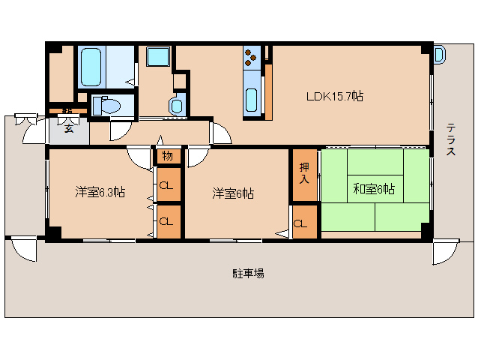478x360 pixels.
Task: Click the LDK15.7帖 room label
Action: (334, 97)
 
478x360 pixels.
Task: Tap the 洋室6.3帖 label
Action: (99, 192)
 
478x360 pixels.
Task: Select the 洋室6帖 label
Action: (232, 193)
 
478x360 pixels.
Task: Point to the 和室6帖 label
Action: (374, 189)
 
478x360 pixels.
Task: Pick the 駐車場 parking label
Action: (247, 274)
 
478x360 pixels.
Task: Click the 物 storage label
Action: (167, 157)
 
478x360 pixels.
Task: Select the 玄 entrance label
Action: (68, 128)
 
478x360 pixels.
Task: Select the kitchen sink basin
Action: (251, 98)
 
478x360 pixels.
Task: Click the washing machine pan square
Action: (159, 58)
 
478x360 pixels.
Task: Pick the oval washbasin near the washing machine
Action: (176, 106)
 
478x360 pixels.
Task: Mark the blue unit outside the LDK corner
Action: (438, 53)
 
